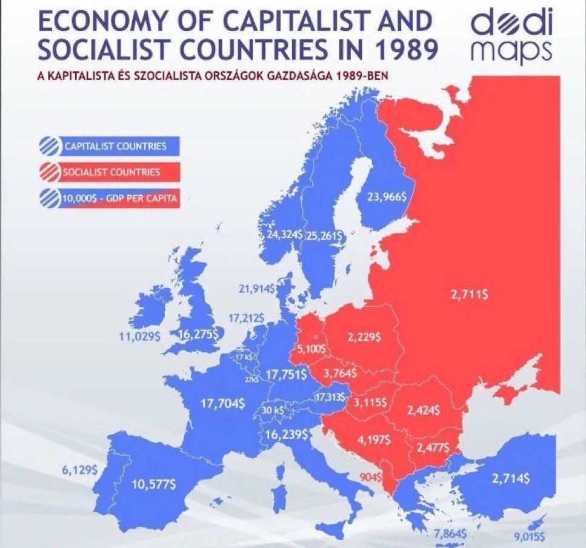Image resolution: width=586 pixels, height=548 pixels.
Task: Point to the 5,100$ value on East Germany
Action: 311,350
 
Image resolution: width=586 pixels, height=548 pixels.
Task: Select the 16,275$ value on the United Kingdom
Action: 199,333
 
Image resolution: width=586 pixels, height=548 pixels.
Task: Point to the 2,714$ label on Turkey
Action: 510,478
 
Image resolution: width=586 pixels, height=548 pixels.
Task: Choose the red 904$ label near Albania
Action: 370,477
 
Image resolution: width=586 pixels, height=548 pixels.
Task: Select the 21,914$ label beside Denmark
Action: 257,289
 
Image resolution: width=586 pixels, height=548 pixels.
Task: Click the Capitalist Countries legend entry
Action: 109,146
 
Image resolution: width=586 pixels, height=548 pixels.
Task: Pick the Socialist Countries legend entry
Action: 109,172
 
